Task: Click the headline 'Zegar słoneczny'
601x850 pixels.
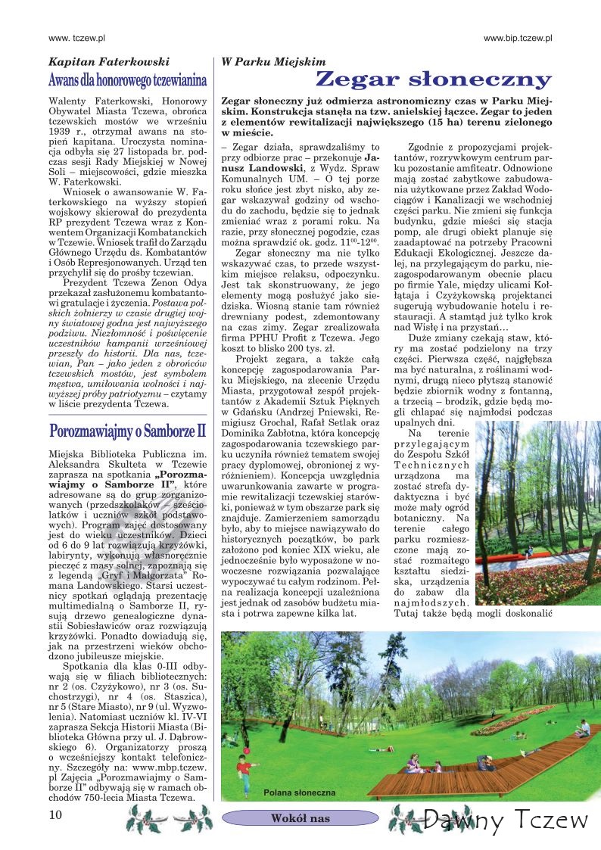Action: [x=433, y=79]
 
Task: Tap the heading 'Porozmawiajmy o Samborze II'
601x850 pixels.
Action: [x=127, y=432]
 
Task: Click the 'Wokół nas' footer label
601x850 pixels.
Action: [x=300, y=818]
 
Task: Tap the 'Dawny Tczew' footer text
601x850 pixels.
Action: [x=506, y=819]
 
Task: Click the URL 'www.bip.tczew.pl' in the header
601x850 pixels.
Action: [x=518, y=36]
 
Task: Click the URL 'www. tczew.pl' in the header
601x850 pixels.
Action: [x=76, y=36]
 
